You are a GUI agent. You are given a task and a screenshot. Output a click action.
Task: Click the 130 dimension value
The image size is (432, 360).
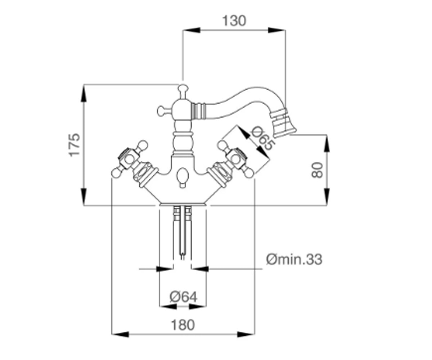tap(234, 21)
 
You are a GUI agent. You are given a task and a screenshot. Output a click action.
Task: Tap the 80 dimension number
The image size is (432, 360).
tap(317, 170)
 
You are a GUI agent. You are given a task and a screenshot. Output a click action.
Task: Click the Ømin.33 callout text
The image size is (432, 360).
tap(294, 260)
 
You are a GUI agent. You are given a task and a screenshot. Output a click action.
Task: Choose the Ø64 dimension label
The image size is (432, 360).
tap(183, 297)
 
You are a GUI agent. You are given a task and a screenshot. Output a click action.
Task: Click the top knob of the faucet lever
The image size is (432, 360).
tap(183, 88)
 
